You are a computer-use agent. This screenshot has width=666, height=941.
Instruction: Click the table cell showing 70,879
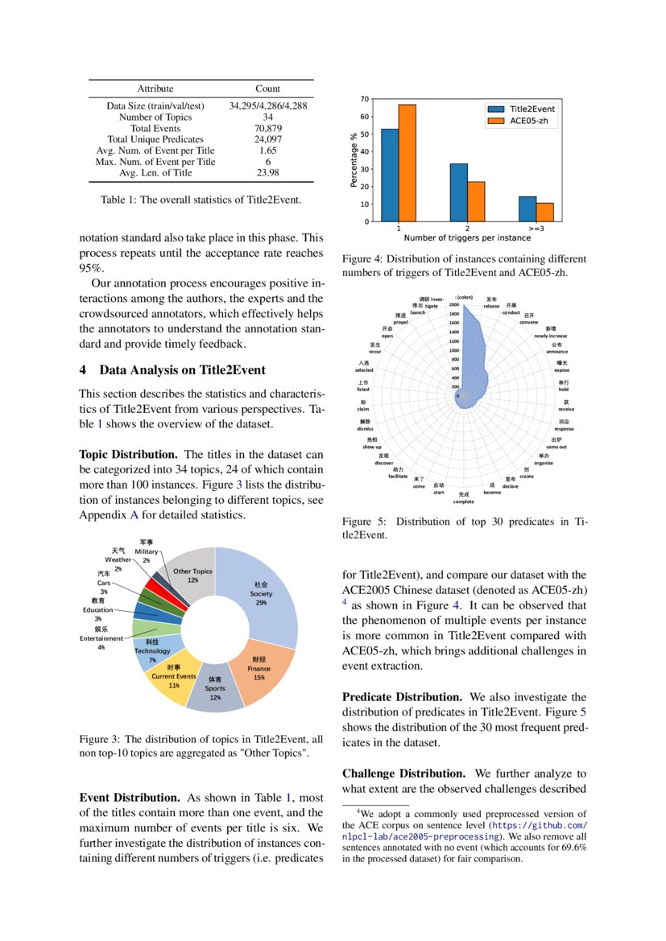[x=268, y=128]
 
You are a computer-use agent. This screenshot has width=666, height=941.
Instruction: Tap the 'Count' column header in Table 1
[x=268, y=89]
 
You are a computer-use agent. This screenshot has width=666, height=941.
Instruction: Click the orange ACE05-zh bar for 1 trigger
[x=407, y=163]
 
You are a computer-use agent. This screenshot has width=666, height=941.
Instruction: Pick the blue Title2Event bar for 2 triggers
[x=458, y=192]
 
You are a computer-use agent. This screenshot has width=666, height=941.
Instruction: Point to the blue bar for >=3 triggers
[x=527, y=208]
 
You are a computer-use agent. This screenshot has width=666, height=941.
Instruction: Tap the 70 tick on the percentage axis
[x=365, y=99]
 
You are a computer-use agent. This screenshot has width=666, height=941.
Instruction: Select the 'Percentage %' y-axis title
[x=354, y=160]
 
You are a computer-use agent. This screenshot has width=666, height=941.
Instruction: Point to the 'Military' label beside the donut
[x=147, y=551]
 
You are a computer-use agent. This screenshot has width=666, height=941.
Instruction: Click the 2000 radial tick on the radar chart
[x=453, y=305]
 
